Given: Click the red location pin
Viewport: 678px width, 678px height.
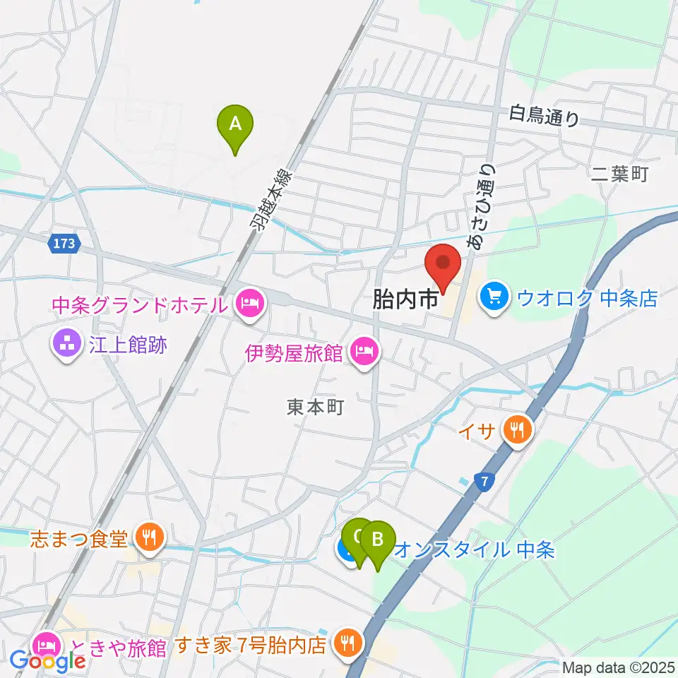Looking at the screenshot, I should coord(443,265).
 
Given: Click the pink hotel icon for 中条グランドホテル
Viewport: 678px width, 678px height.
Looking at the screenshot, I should coord(248,305).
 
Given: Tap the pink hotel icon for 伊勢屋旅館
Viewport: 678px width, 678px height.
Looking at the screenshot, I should coord(363,351).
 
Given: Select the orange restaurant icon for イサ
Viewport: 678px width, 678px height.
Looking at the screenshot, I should coord(518,428).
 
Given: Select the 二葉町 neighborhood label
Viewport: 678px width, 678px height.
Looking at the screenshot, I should coord(621,174).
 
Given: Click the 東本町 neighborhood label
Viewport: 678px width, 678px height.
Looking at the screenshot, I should coord(315,408).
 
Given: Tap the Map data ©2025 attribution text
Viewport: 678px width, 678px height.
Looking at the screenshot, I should coord(618,667).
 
